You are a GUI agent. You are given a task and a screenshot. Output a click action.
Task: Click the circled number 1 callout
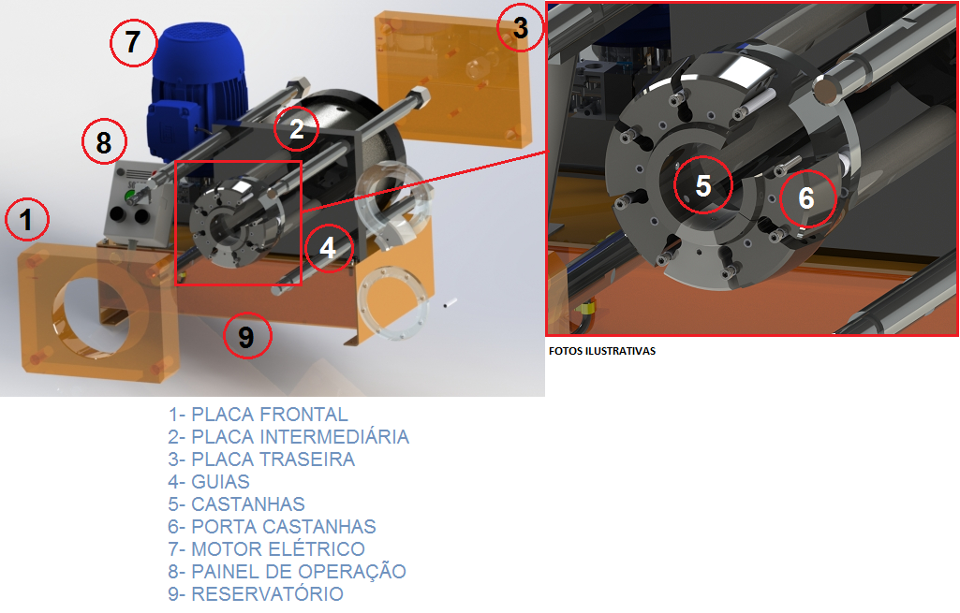(27, 219)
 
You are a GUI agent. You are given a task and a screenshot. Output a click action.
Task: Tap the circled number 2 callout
(296, 128)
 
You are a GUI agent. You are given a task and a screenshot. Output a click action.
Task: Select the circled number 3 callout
(521, 27)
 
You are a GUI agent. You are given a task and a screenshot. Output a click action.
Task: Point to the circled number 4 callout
(329, 248)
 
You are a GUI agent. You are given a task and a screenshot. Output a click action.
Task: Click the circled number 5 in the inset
(703, 184)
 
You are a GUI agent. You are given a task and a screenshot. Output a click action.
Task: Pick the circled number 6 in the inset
(807, 198)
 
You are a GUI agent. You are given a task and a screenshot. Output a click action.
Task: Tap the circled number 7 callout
(134, 42)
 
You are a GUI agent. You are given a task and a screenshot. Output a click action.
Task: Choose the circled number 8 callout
(104, 141)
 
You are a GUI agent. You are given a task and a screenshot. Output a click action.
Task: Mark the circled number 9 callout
(246, 336)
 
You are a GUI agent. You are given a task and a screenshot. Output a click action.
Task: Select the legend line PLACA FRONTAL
(258, 415)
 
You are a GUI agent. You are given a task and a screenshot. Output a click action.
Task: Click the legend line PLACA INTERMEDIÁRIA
(288, 437)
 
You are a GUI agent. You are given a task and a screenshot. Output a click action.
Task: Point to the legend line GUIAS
(209, 482)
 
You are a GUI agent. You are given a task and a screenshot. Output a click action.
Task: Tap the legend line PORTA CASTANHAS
(272, 527)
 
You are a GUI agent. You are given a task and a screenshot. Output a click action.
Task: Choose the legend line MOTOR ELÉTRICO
(266, 549)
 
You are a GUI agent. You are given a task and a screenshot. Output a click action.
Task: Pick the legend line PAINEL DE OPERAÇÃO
(288, 572)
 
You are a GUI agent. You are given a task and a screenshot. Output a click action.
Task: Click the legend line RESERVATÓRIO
(256, 594)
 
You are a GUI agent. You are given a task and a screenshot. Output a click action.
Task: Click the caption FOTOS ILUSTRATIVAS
(602, 351)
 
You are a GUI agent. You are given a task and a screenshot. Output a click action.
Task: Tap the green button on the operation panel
(130, 197)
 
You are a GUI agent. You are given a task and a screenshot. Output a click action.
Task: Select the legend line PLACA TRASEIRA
(261, 460)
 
